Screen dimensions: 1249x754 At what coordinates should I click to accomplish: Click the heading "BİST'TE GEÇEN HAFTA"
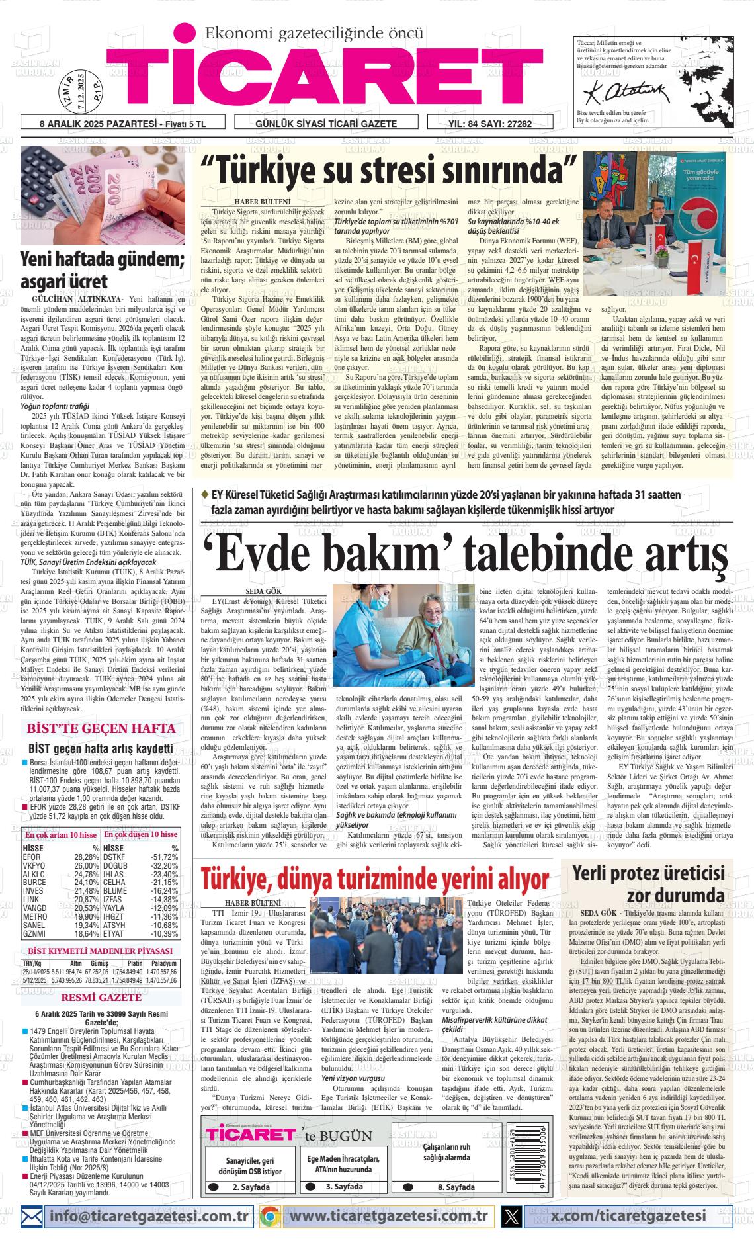[101, 728]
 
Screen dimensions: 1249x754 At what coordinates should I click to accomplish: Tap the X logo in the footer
[511, 1215]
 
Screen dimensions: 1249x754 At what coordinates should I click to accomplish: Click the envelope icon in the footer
[32, 1215]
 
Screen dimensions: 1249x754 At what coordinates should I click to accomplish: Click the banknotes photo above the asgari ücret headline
[103, 195]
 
